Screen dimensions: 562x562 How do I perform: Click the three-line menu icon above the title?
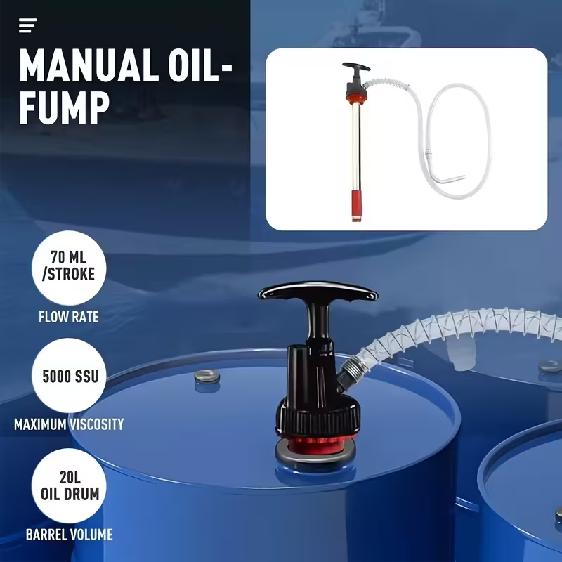(x=27, y=26)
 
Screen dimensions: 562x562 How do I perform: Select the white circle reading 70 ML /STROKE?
(x=69, y=268)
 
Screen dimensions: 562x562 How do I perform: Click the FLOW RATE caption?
(x=68, y=317)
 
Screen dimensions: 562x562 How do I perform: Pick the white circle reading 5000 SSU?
(x=69, y=375)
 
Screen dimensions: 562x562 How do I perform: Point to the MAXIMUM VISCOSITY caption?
(x=69, y=424)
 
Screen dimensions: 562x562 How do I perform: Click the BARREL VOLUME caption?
(x=69, y=535)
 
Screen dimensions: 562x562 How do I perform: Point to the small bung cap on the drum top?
(x=207, y=376)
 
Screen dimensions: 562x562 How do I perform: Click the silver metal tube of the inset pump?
(x=355, y=140)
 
